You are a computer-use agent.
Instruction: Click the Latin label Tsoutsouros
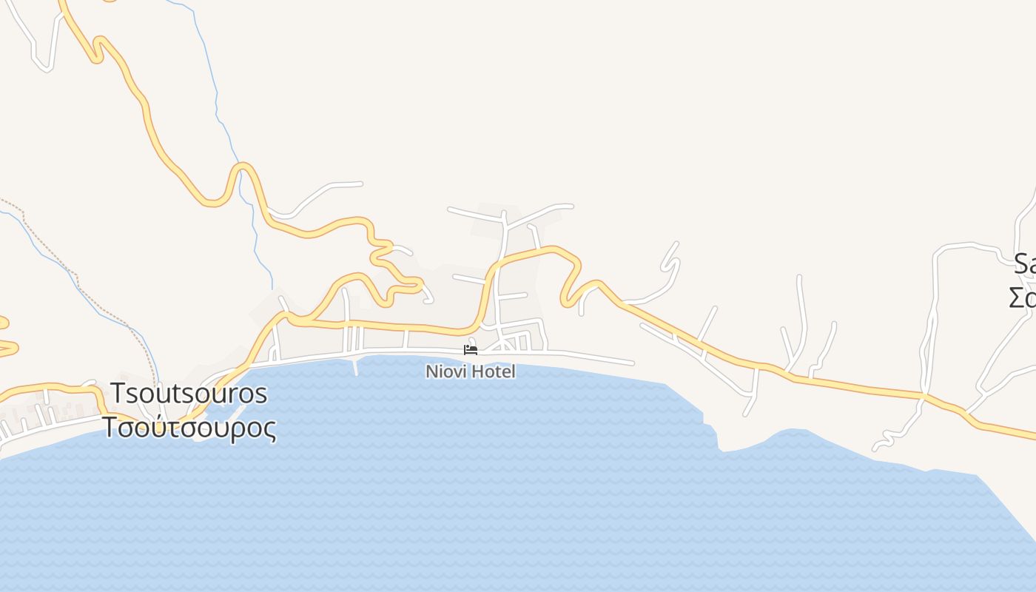coord(189,394)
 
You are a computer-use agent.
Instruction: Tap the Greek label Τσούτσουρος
coord(189,428)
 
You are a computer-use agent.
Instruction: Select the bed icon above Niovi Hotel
coord(470,349)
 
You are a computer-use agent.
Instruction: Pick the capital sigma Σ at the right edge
coord(1017,297)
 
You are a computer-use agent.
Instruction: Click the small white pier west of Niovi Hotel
coord(356,366)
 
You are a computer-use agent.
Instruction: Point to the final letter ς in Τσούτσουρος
coord(269,429)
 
